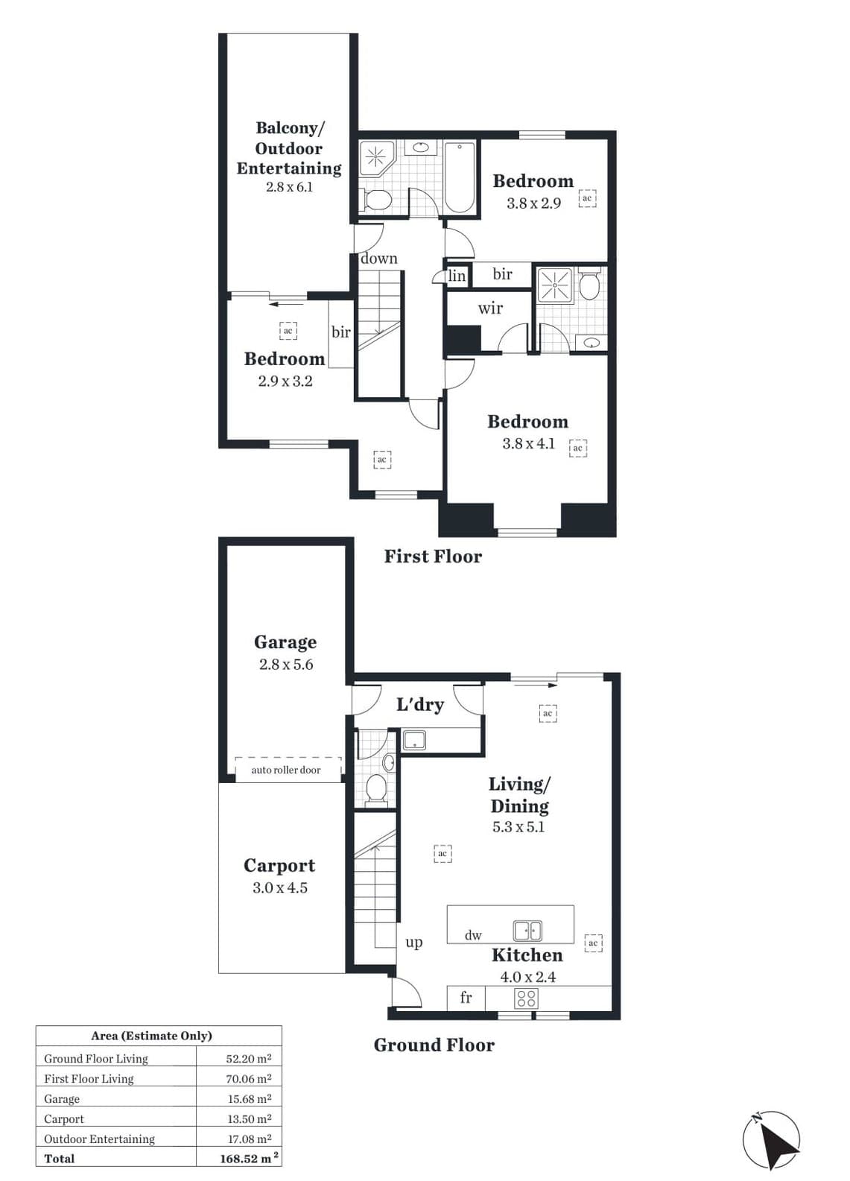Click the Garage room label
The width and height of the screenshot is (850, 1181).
click(x=285, y=643)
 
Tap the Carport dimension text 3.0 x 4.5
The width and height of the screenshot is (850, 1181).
click(x=280, y=888)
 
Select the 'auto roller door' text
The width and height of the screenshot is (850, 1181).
click(x=285, y=770)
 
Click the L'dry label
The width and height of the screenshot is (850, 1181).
click(x=420, y=704)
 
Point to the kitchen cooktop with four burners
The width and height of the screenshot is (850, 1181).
click(x=527, y=998)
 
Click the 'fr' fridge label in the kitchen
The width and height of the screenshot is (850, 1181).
click(x=466, y=997)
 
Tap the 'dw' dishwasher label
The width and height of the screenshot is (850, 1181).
click(x=473, y=935)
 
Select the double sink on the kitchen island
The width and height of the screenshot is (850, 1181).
click(x=527, y=931)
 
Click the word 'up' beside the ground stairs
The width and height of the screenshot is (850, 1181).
click(x=413, y=943)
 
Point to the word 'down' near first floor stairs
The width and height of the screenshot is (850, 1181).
click(x=379, y=259)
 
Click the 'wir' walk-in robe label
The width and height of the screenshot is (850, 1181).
click(x=490, y=308)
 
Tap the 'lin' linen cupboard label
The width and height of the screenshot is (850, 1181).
click(x=457, y=275)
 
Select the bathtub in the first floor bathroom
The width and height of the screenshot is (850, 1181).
click(x=460, y=177)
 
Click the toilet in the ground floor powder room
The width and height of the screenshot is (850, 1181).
click(x=376, y=789)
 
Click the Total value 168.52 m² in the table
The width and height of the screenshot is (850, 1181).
click(x=249, y=1159)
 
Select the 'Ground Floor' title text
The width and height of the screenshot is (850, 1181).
click(x=434, y=1045)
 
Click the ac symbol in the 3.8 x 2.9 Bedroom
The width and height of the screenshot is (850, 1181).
click(x=587, y=198)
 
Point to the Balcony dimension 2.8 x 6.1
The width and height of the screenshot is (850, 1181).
click(x=289, y=186)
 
